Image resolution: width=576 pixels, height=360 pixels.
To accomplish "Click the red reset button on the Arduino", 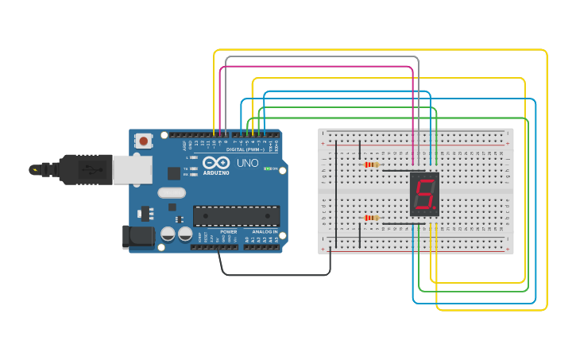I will (x=144, y=141).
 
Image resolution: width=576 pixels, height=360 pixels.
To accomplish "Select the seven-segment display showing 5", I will (x=424, y=195).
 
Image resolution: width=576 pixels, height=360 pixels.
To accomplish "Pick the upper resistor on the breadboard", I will (x=370, y=165).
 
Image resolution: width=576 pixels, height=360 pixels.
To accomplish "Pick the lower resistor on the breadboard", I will (x=370, y=218).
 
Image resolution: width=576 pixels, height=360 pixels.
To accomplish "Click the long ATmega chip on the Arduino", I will (x=236, y=215).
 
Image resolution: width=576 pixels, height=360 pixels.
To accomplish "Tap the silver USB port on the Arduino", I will (x=132, y=169).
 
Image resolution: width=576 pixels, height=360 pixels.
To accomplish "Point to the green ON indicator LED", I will (x=268, y=168).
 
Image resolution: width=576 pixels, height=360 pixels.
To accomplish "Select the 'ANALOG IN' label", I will (x=265, y=231).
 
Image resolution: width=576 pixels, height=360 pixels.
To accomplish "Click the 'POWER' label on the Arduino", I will (x=228, y=231).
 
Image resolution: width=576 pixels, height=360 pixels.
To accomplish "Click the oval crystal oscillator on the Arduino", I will (x=171, y=192).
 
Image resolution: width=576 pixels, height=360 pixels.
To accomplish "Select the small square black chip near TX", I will (x=173, y=172).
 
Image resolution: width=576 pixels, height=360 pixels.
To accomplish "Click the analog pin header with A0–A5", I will (x=262, y=247).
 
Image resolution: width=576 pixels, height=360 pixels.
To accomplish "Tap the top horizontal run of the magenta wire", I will (x=318, y=67).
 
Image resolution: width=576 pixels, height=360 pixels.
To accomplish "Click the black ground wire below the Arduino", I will (x=274, y=275).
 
